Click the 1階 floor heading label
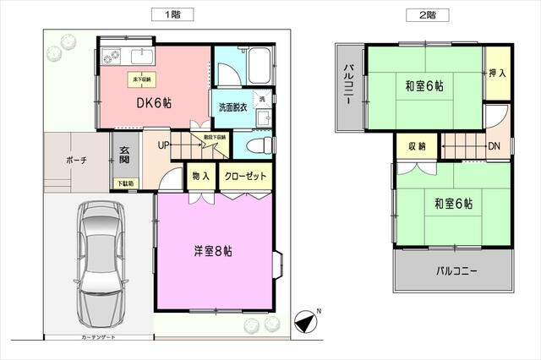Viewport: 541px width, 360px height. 173,14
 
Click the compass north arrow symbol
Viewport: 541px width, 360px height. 305,322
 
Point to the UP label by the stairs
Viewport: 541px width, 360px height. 163,145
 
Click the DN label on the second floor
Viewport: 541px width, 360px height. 493,145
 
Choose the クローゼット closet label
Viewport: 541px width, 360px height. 246,177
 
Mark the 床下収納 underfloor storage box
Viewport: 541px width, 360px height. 139,80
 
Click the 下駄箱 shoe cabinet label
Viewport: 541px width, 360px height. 124,183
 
